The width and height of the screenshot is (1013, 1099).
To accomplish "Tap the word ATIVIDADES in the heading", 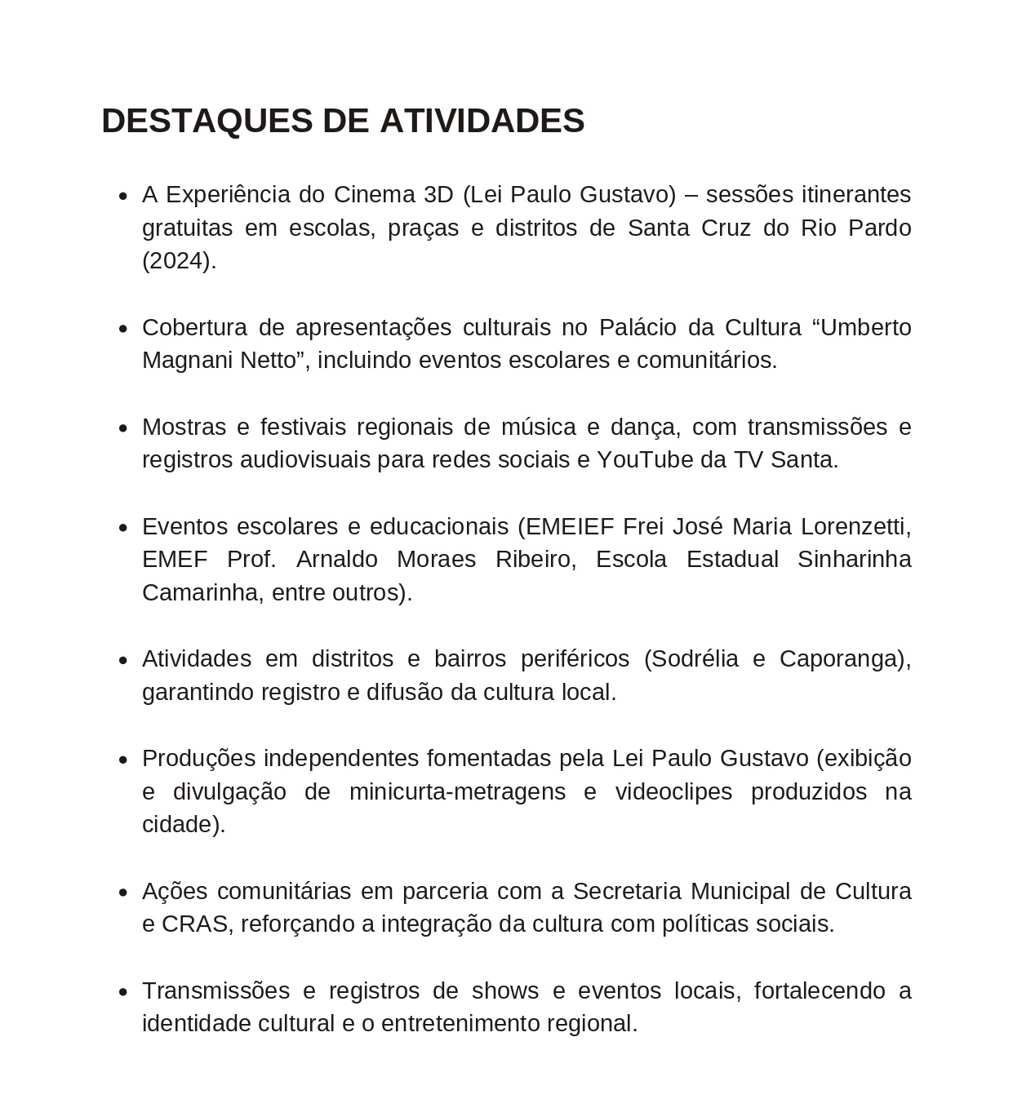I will tap(482, 121).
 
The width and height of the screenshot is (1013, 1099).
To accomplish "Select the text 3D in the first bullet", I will tap(438, 195).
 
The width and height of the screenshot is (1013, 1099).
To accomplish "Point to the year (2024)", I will tap(179, 261).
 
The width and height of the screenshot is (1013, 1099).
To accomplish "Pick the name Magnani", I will tap(187, 360).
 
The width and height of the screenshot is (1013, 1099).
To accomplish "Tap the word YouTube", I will tap(645, 460).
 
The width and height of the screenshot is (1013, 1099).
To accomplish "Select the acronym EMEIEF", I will tap(570, 527).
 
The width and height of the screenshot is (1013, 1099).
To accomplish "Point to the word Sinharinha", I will tap(854, 560).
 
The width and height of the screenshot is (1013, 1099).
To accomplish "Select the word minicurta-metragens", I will tap(457, 792).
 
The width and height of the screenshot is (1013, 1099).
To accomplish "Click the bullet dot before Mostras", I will tap(123, 428).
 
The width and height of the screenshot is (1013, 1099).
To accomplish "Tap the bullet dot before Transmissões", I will tap(123, 992).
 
